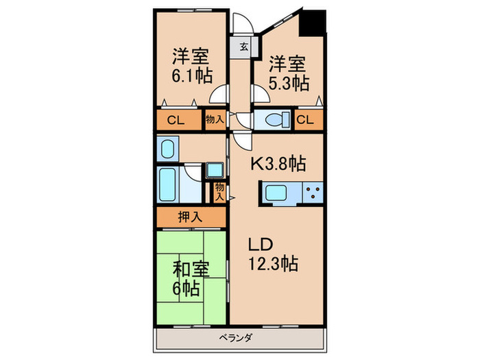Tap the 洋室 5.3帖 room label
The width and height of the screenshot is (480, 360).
pyautogui.click(x=288, y=73)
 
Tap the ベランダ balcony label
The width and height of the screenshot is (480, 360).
pyautogui.click(x=239, y=337)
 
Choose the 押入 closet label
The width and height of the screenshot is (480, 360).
pyautogui.click(x=191, y=217)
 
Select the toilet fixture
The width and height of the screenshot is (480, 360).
pyautogui.click(x=274, y=120)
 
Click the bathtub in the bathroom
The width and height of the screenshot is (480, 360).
pyautogui.click(x=169, y=182)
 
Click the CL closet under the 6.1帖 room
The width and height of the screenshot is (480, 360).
pyautogui.click(x=176, y=121)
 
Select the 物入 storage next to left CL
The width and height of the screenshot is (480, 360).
pyautogui.click(x=215, y=120)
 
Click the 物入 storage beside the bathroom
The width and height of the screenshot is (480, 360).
pyautogui.click(x=219, y=191)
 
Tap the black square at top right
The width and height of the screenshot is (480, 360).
pyautogui.click(x=314, y=24)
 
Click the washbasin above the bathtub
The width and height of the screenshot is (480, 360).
pyautogui.click(x=167, y=148)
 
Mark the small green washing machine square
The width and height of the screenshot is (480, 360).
pyautogui.click(x=215, y=169)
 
